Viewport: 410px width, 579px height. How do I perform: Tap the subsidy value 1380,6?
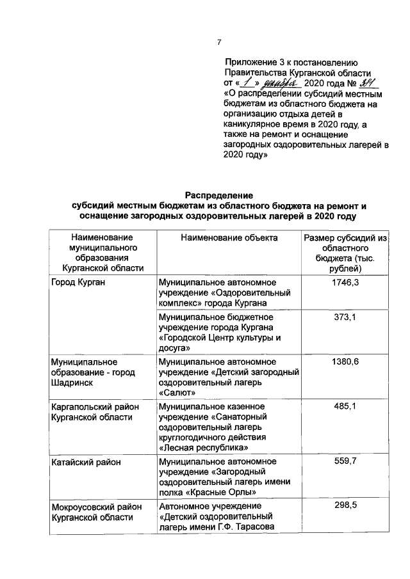(x=345, y=363)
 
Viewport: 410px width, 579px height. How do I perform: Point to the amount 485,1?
(x=345, y=407)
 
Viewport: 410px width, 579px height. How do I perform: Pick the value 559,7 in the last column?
(x=345, y=461)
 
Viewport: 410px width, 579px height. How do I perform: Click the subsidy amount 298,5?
(x=345, y=505)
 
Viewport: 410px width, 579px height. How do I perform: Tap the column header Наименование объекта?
(x=229, y=238)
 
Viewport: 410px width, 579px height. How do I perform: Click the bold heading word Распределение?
(x=220, y=194)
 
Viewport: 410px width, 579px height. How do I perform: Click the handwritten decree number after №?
(x=368, y=83)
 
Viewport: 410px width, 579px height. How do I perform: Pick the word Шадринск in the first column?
(x=72, y=383)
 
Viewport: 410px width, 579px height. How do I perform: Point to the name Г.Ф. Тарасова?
(x=242, y=527)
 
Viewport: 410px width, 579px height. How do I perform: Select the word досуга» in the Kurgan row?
(x=174, y=348)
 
